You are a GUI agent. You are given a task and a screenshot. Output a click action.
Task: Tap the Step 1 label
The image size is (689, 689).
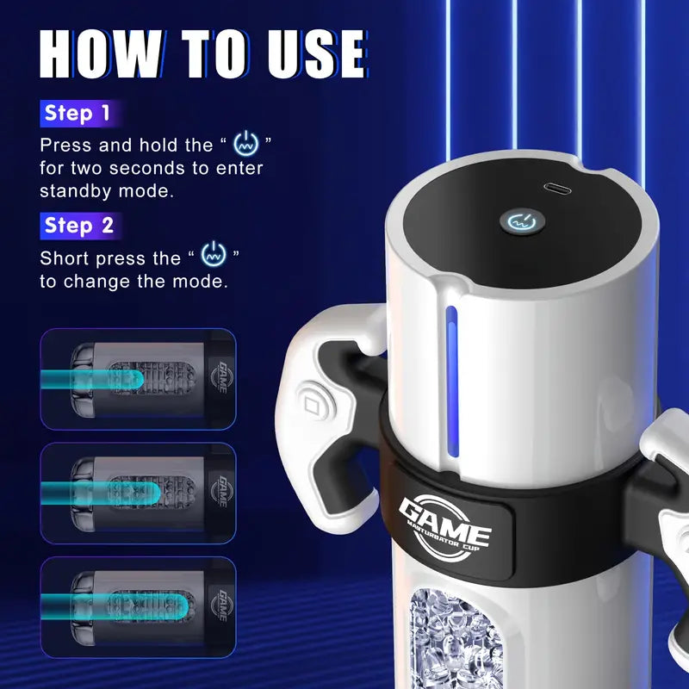pos(78,113)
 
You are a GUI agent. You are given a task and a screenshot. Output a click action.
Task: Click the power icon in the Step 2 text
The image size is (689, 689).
pos(212,256)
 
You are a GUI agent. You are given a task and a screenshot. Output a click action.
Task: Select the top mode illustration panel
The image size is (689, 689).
pos(137,378)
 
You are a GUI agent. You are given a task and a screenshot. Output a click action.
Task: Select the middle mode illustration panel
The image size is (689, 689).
pos(137,493)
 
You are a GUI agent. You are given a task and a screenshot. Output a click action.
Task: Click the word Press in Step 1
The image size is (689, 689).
pos(66,145)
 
